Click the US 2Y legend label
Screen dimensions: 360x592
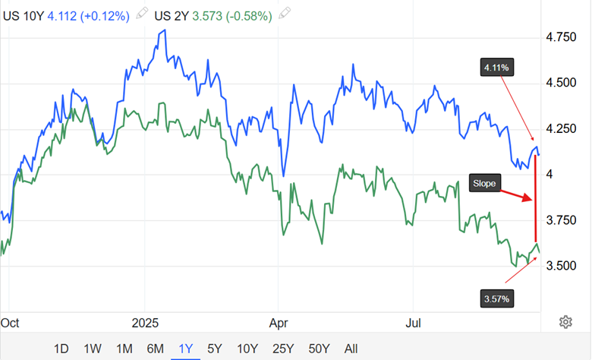pyautogui.click(x=173, y=14)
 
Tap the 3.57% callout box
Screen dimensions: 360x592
pyautogui.click(x=496, y=298)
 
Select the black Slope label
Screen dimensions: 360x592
pyautogui.click(x=483, y=182)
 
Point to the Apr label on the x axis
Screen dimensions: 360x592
pyautogui.click(x=279, y=322)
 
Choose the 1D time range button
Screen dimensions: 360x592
pyautogui.click(x=61, y=349)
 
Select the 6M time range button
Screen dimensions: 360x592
pyautogui.click(x=155, y=349)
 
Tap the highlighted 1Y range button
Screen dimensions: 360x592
pyautogui.click(x=185, y=349)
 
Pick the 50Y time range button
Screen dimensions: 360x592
pyautogui.click(x=320, y=349)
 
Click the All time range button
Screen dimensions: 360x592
pyautogui.click(x=351, y=349)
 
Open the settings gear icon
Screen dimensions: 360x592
pyautogui.click(x=565, y=322)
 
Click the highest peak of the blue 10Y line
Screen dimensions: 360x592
pyautogui.click(x=164, y=30)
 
